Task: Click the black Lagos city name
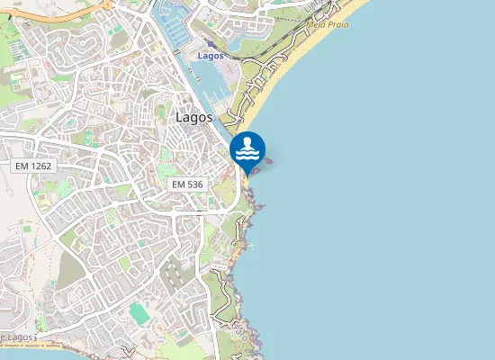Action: tap(194, 117)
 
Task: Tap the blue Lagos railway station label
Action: tap(210, 56)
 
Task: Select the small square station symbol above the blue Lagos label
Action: tap(210, 43)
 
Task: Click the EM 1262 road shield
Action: tap(35, 166)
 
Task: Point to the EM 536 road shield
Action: tap(188, 184)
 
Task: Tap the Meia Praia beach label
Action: tap(329, 24)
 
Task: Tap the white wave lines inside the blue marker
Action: tap(247, 155)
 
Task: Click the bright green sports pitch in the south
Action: tap(139, 314)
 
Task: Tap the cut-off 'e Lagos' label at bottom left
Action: tap(18, 337)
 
